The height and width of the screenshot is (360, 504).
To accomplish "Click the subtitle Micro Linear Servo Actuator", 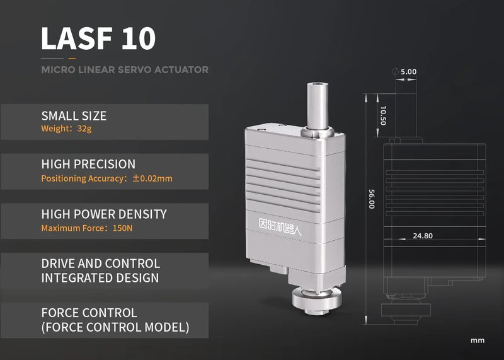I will pos(125,69).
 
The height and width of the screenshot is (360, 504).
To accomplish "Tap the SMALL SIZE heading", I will pos(74,116).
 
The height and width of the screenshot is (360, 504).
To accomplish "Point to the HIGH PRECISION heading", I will pos(88,165).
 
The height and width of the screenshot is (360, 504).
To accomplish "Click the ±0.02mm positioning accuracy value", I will pos(152,178).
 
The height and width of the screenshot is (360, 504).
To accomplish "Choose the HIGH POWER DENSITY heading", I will pos(104,214).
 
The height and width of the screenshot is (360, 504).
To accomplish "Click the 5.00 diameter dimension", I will pos(408,72).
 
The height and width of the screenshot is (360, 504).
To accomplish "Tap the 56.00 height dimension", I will pos(371,200).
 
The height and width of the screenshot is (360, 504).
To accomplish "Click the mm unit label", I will pos(478,340).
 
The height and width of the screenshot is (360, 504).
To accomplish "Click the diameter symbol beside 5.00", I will pos(394,71).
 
